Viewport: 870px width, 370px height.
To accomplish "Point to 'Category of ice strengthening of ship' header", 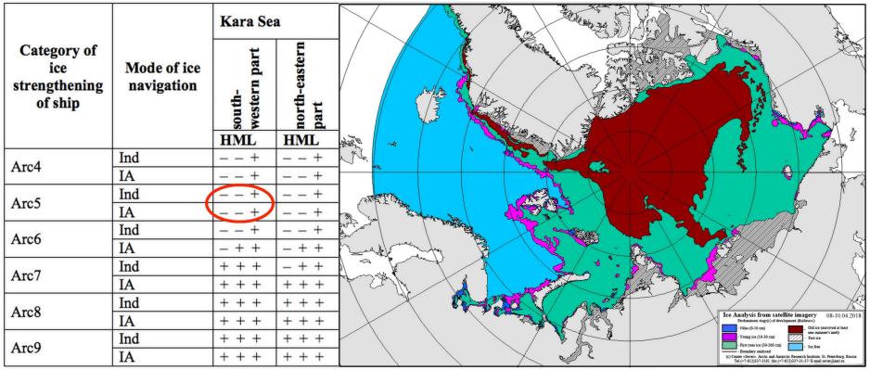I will (x=56, y=75).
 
